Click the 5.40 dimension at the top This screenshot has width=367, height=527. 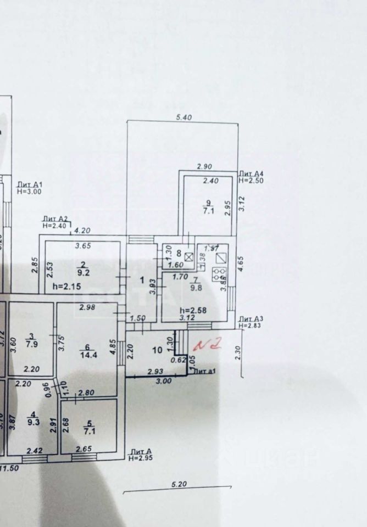click(183, 116)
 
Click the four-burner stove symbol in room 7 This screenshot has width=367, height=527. click(219, 274)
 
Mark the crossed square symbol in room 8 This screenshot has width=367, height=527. click(188, 256)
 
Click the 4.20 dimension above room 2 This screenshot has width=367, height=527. click(82, 231)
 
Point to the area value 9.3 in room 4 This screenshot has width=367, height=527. click(33, 423)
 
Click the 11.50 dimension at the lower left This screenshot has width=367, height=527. click(9, 467)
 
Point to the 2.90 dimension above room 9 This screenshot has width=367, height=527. click(205, 166)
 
